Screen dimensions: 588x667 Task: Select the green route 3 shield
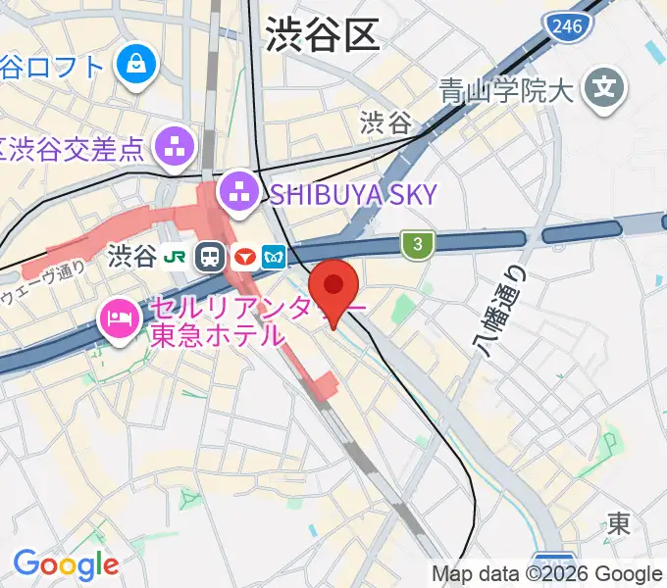[417, 245]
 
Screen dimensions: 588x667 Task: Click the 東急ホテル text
[217, 335]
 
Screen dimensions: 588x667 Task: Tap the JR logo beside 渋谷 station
[178, 257]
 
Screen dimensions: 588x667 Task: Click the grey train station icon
[209, 258]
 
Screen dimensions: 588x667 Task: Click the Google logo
[67, 564]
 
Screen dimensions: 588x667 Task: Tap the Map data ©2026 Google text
[546, 574]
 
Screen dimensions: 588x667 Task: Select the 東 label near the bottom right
[619, 523]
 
